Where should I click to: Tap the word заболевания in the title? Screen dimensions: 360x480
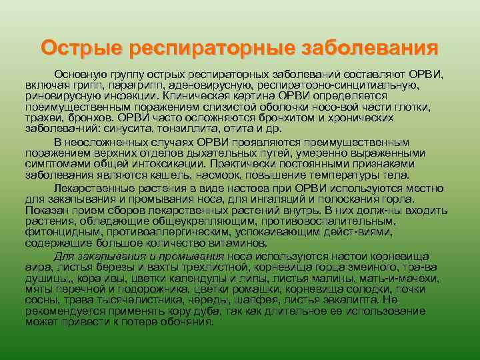click(x=370, y=48)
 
